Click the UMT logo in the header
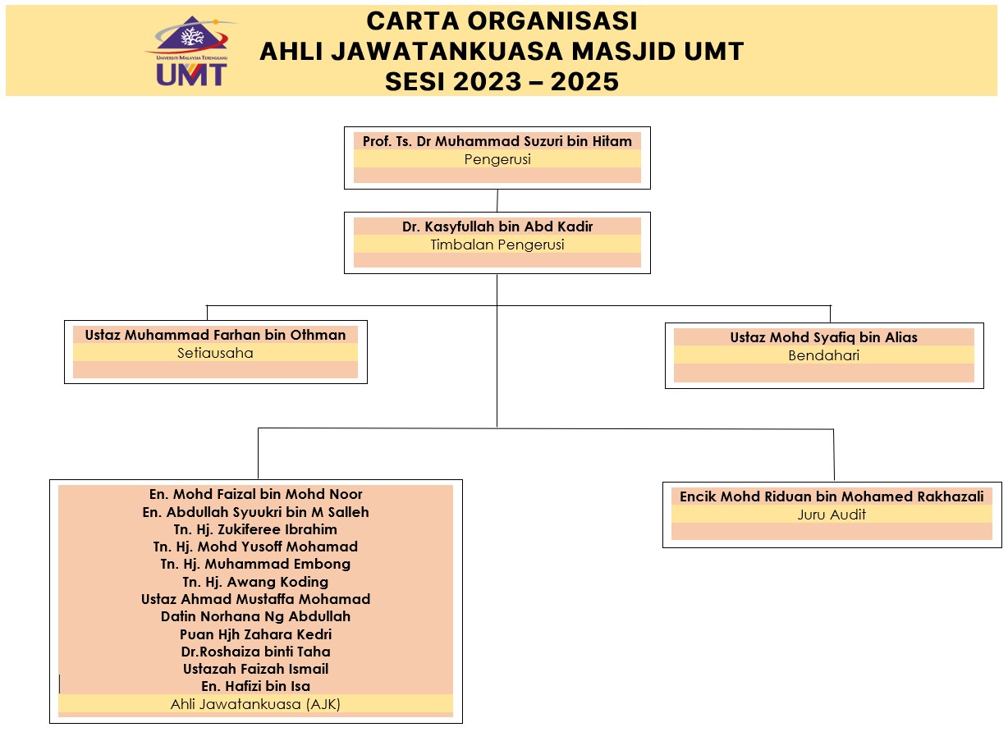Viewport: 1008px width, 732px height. tap(190, 52)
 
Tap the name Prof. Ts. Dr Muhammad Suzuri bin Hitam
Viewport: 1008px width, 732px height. tap(497, 141)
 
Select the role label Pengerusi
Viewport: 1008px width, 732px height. tap(497, 159)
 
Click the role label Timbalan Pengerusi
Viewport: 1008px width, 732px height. tap(497, 245)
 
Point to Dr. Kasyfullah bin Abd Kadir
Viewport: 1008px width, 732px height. tap(497, 226)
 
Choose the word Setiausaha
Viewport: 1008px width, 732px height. tap(215, 354)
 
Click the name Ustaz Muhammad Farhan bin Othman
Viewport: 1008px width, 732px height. tap(215, 335)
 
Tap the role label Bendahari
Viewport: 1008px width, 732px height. tap(823, 356)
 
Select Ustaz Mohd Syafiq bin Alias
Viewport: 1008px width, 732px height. tap(823, 337)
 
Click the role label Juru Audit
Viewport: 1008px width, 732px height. tap(832, 515)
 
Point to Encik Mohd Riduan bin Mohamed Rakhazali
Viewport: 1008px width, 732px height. tap(832, 496)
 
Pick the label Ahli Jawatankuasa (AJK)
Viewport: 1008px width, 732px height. tap(255, 704)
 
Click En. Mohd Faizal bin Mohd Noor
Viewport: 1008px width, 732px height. tap(255, 494)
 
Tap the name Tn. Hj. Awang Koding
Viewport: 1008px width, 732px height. tap(255, 582)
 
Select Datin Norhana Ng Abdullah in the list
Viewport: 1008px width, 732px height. tap(255, 616)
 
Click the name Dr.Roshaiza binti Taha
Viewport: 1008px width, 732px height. tap(255, 652)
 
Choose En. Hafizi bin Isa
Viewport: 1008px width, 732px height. tap(255, 686)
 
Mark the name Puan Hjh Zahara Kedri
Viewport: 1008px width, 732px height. tap(255, 634)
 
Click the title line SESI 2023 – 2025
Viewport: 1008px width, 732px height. tap(502, 82)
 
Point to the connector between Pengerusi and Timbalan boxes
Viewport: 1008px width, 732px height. tap(497, 200)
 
